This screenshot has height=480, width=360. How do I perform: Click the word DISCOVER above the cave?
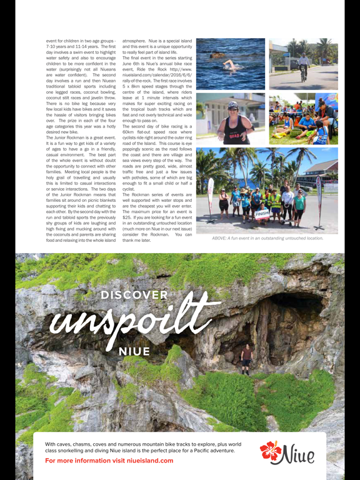pyautogui.click(x=134, y=295)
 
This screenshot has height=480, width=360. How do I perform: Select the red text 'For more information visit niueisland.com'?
pyautogui.click(x=109, y=461)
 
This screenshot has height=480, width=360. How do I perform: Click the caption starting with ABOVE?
pyautogui.click(x=267, y=238)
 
